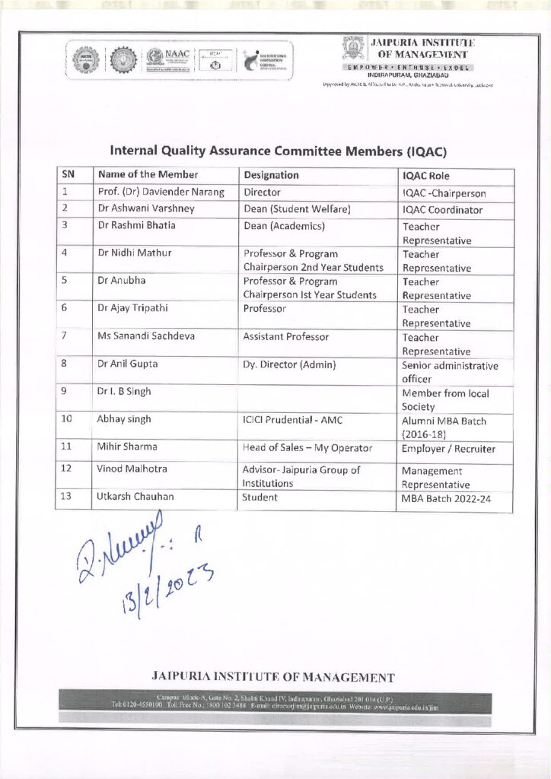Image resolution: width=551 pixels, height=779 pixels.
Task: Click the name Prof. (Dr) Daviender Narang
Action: point(161,193)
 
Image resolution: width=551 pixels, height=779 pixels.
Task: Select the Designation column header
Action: point(271,175)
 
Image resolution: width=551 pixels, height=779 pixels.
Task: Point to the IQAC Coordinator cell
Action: point(442,210)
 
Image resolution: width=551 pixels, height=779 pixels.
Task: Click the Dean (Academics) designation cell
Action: point(284,226)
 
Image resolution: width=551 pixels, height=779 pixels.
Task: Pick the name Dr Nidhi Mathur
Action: point(135,253)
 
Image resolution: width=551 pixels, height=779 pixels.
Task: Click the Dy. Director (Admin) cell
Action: point(289,364)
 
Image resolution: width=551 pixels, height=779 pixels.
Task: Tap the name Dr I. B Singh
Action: point(124,392)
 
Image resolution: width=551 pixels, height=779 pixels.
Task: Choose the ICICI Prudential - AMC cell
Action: point(288,419)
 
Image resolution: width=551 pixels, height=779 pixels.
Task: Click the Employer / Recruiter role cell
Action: point(449,449)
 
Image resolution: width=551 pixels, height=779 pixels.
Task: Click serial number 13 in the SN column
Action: point(66,498)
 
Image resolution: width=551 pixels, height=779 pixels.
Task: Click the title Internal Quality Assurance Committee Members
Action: point(278,151)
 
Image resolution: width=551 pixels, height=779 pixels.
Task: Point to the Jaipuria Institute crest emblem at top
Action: point(353,49)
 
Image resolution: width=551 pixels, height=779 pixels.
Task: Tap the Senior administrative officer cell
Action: point(450,372)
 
